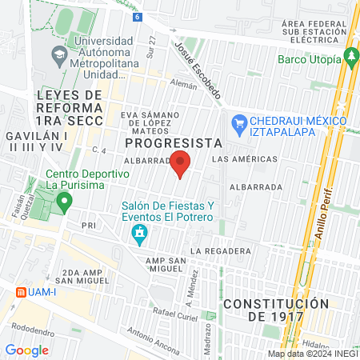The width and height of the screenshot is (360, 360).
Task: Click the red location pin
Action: pos(180,165)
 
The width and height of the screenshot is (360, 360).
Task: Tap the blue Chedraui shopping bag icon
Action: pos(238,122)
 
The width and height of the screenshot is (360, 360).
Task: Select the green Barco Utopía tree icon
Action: pos(349,58)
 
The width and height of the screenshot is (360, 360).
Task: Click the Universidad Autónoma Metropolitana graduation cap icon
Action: pos(58,56)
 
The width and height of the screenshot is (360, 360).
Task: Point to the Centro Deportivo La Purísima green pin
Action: pos(67,198)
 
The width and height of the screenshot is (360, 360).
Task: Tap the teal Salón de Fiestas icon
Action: pos(139,234)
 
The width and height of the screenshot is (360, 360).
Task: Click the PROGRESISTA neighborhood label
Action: pos(173,142)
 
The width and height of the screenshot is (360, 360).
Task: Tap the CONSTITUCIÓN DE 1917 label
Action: pos(276,310)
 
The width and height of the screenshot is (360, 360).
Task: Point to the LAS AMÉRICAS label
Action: pos(245,159)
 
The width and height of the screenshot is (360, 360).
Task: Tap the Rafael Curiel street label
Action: pos(175,313)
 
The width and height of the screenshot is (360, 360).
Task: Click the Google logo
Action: pos(26,350)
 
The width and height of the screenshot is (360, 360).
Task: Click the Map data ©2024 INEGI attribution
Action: pos(313,354)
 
